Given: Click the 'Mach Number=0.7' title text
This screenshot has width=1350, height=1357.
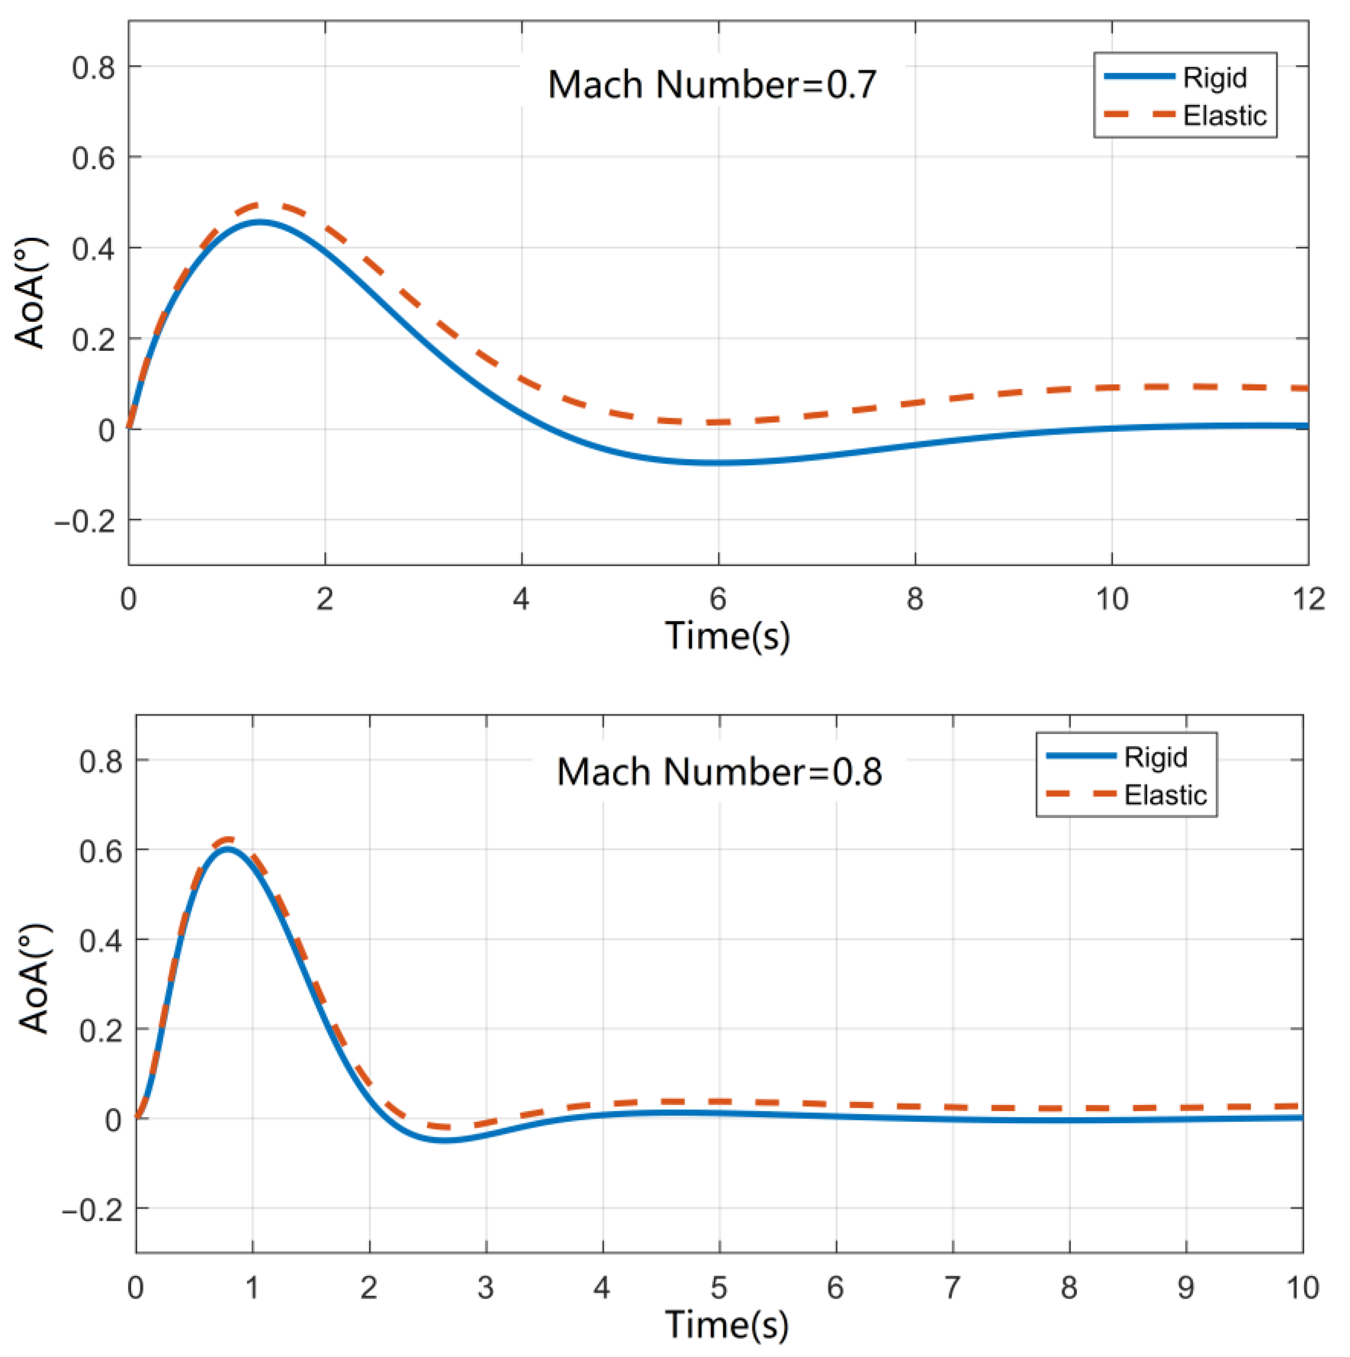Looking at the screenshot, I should [712, 85].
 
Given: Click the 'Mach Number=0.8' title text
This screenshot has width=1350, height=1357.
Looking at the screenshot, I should [719, 772].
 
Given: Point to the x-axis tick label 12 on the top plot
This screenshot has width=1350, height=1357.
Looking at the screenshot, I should [1308, 599].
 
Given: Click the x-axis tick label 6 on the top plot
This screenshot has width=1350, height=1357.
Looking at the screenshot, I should [718, 599].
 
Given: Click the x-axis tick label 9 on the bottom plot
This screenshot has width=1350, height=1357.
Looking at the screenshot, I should [1186, 1287].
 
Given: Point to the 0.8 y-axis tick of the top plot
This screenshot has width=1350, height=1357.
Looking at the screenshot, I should [94, 68].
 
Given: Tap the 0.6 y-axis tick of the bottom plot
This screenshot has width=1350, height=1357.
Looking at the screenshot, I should [101, 851].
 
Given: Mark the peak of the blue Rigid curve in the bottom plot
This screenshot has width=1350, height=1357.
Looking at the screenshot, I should [228, 848].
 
